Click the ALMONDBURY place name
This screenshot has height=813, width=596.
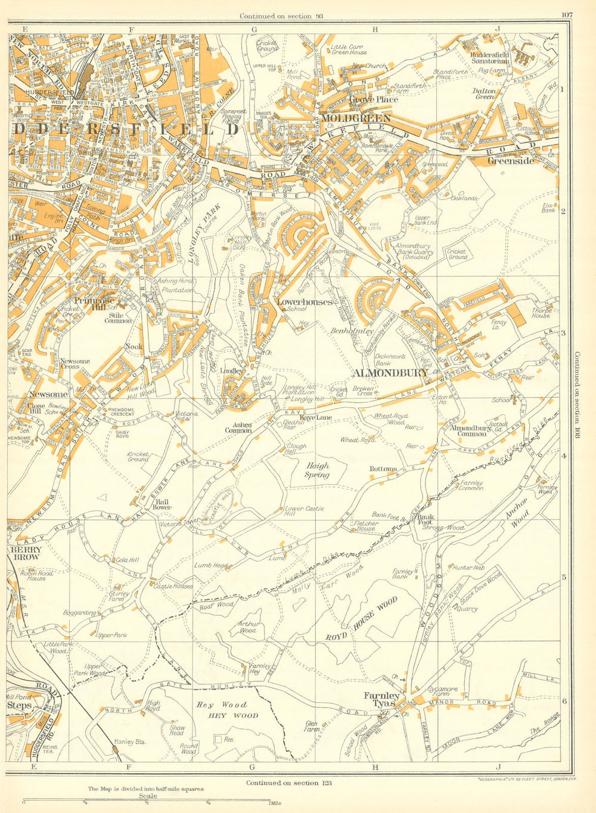point(390,373)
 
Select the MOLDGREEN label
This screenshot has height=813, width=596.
point(355,119)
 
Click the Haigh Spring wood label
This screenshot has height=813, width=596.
point(318,471)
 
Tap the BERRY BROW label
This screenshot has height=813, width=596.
point(24,553)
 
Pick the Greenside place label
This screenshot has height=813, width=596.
point(511,160)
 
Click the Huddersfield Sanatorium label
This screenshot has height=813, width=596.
point(487,57)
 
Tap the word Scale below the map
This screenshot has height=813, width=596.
point(147,796)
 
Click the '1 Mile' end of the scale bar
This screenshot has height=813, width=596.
point(275,803)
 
